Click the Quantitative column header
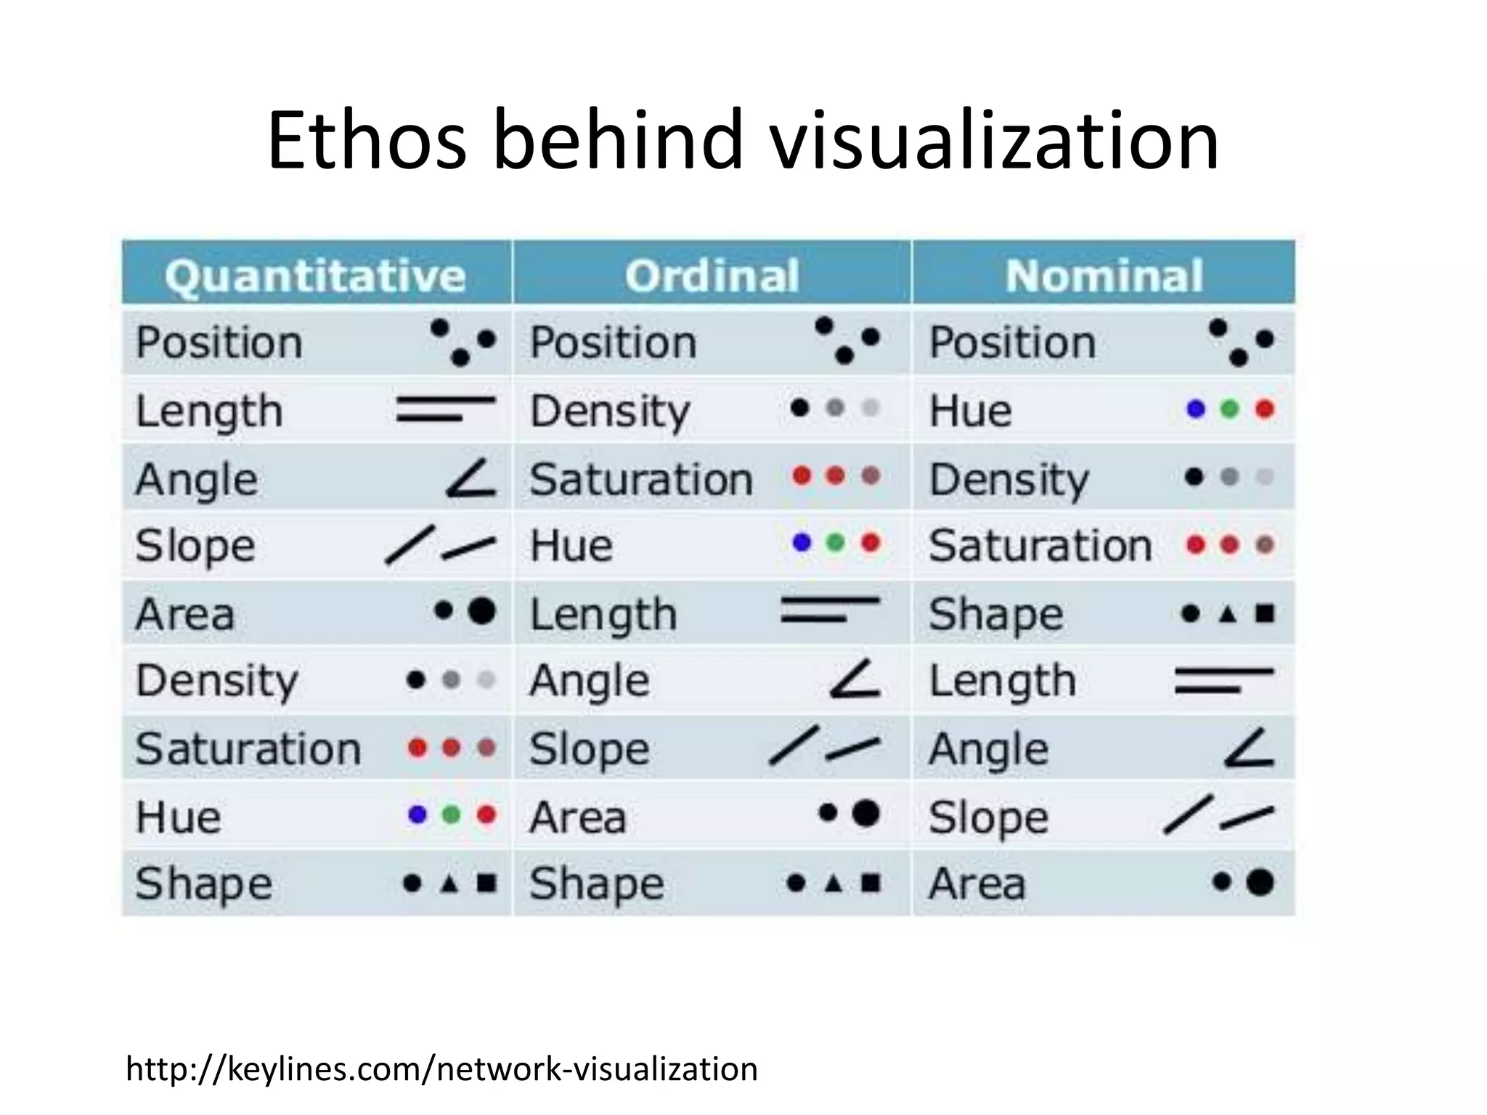click(x=314, y=276)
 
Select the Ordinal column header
click(x=712, y=276)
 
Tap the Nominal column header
click(x=1104, y=276)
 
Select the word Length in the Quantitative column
click(x=209, y=412)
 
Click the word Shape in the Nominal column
click(x=995, y=615)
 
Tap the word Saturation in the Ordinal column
click(x=641, y=480)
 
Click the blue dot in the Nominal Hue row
click(x=1195, y=409)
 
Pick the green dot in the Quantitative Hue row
click(x=451, y=814)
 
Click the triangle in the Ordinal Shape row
click(x=834, y=883)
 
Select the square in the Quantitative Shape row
click(x=486, y=883)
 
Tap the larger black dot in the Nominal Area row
click(x=1260, y=882)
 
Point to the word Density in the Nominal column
click(x=1009, y=480)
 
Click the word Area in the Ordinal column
click(x=577, y=818)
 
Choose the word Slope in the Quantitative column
click(x=195, y=546)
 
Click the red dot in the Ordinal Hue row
click(x=870, y=542)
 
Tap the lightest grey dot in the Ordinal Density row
click(x=870, y=408)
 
